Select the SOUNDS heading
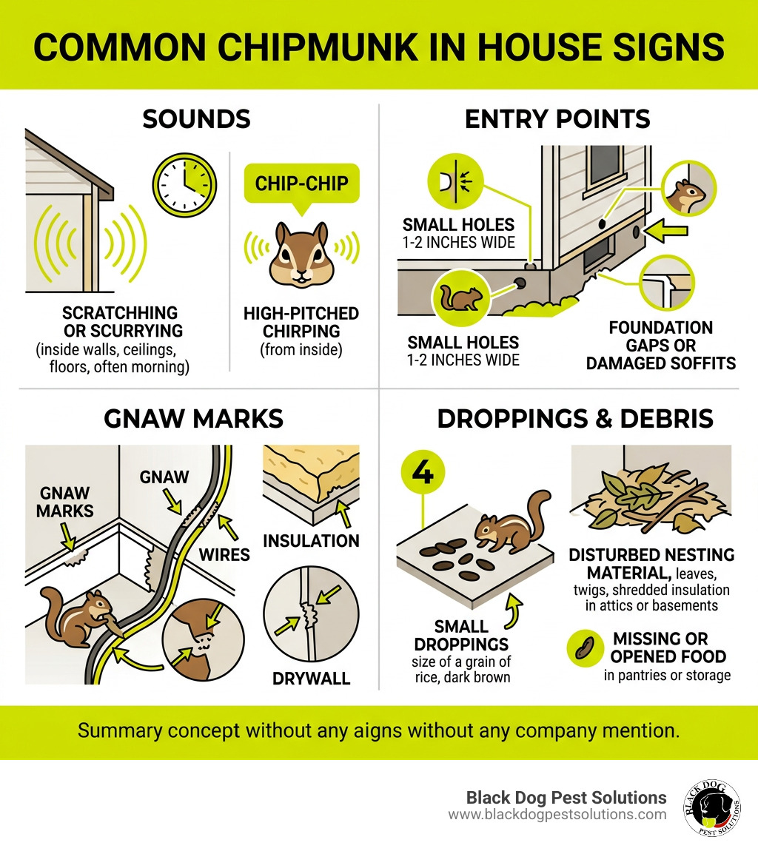196,119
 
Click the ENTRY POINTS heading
557,119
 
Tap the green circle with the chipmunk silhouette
461,297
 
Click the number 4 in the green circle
423,474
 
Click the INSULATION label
312,541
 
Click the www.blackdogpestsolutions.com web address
557,815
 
